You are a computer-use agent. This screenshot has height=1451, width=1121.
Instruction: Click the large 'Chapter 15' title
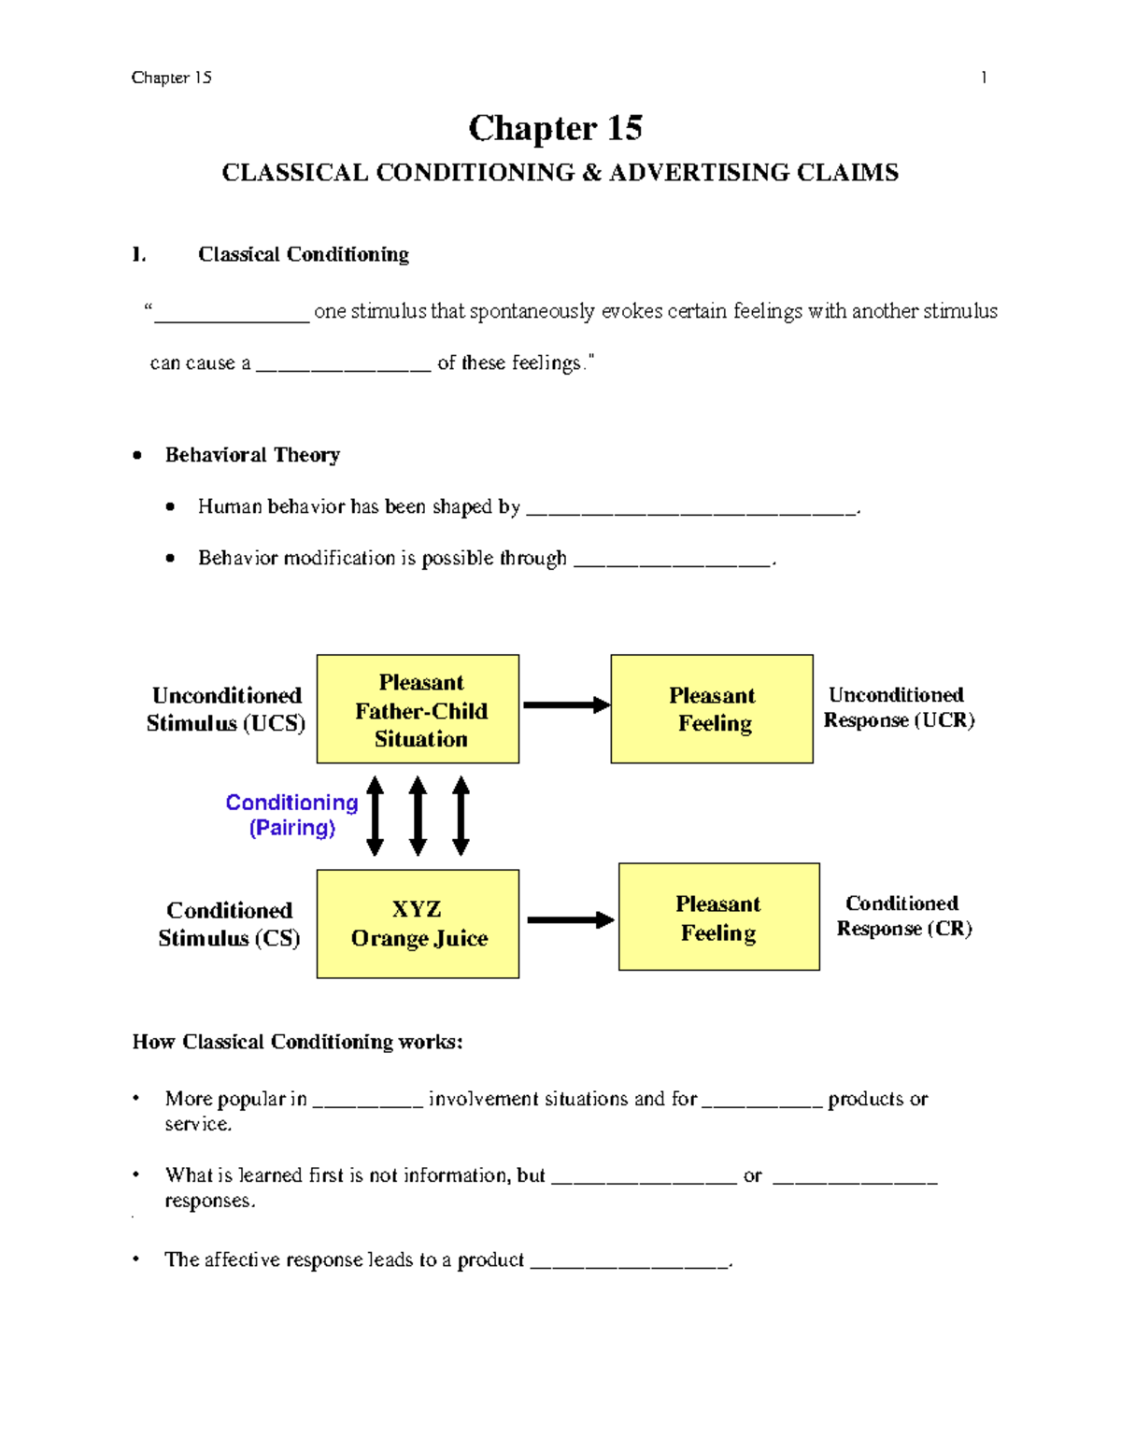[x=555, y=128]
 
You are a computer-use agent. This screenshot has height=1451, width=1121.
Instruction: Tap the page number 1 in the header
[x=983, y=78]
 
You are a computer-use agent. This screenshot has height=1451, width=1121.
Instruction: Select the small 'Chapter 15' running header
[x=171, y=78]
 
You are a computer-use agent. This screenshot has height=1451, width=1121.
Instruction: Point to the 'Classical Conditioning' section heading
[x=303, y=254]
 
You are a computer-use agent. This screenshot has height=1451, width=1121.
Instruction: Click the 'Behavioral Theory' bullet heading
[x=252, y=455]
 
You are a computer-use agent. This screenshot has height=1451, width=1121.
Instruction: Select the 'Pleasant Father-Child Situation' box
[x=418, y=709]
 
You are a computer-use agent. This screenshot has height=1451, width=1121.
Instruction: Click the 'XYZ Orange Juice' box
[x=418, y=924]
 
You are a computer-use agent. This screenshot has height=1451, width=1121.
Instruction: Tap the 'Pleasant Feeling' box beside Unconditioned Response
[x=712, y=709]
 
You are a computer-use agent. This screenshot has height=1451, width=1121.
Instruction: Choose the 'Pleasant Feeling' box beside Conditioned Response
[x=718, y=918]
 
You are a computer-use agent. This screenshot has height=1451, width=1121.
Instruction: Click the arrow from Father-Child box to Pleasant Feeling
[x=565, y=705]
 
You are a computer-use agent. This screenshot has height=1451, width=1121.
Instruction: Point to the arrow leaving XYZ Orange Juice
[x=570, y=920]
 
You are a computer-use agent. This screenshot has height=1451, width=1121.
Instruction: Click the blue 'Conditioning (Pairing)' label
[x=291, y=815]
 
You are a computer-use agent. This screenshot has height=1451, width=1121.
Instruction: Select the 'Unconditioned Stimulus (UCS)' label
[x=226, y=709]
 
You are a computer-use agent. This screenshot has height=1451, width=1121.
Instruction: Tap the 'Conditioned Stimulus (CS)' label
[x=229, y=924]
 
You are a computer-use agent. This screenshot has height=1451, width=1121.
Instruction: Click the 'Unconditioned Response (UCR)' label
[x=899, y=707]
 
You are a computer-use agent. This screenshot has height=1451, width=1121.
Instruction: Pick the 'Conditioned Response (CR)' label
[x=903, y=916]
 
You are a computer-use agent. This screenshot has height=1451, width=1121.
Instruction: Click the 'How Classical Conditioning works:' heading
[x=297, y=1042]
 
